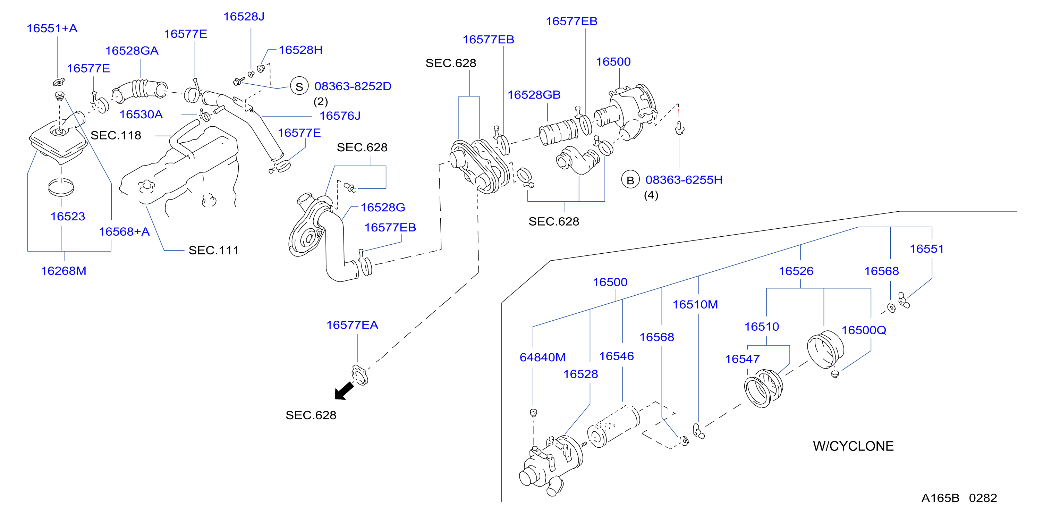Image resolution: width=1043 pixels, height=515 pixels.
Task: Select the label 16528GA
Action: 132,51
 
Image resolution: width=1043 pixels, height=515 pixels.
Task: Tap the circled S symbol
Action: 299,86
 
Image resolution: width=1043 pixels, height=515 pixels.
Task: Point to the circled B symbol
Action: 630,180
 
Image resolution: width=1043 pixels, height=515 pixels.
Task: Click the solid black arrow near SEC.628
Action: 344,391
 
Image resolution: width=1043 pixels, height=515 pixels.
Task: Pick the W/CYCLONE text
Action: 853,446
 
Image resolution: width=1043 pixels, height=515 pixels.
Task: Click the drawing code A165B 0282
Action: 959,498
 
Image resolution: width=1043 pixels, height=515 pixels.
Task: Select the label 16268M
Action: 63,271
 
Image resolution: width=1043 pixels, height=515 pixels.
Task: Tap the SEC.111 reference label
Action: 213,250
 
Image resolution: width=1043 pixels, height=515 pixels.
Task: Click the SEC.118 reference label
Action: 116,135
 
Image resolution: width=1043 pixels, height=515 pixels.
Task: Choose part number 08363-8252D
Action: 353,86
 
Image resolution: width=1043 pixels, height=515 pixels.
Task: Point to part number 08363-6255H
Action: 684,180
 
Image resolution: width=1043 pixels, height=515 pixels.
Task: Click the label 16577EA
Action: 352,325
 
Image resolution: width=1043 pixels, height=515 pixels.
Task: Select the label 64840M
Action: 543,357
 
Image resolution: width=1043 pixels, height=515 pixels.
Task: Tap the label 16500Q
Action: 864,330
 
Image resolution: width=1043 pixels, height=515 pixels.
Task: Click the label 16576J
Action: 340,116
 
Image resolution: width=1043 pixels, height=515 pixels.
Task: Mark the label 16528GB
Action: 534,95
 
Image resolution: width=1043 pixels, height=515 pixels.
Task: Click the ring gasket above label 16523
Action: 61,187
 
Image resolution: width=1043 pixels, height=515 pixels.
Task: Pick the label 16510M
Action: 695,304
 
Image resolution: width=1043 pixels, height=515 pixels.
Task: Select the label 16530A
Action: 141,115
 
